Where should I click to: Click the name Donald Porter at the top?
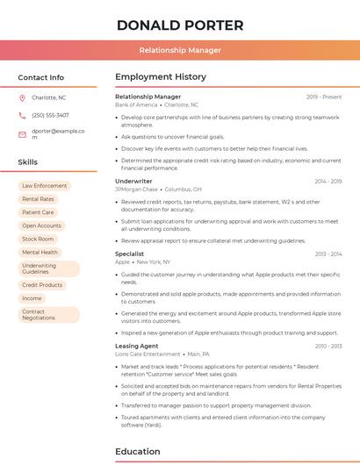point(180,25)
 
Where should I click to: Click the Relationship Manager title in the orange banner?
point(180,50)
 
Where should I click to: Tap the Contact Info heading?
point(41,77)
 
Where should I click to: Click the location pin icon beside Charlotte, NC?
point(22,97)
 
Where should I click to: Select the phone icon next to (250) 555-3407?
point(22,115)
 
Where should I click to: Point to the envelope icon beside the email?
point(22,134)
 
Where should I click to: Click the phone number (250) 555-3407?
point(50,115)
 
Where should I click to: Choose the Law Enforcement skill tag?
point(44,186)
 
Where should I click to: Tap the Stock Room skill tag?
point(38,239)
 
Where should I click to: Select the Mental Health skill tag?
point(40,252)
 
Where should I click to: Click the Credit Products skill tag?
point(42,285)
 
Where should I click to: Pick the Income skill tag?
point(32,298)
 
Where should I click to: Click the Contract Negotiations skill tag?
point(39,314)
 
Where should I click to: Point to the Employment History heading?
point(161,77)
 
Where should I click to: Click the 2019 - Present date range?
point(324,97)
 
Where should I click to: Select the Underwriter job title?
point(133,181)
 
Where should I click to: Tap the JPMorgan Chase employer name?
point(136,189)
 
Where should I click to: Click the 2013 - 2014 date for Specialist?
point(328,254)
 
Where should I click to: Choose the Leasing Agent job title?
point(137,346)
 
